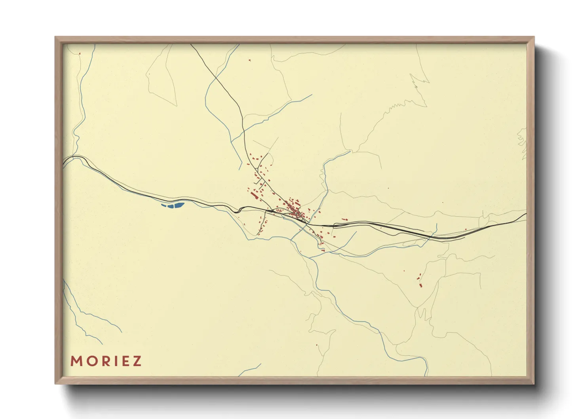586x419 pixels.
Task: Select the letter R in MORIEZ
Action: (102, 361)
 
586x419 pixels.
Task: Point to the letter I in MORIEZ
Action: (112, 361)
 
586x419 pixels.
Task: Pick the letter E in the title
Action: (122, 361)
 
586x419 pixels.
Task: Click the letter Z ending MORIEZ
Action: (137, 361)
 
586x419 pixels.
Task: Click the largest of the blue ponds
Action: (179, 205)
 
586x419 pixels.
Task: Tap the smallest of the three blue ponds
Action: (164, 205)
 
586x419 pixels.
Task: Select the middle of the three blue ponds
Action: (171, 206)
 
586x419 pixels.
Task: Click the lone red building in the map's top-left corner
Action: (80, 53)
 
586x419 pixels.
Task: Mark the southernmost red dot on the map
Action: (317, 345)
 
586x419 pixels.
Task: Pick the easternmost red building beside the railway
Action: (466, 229)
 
